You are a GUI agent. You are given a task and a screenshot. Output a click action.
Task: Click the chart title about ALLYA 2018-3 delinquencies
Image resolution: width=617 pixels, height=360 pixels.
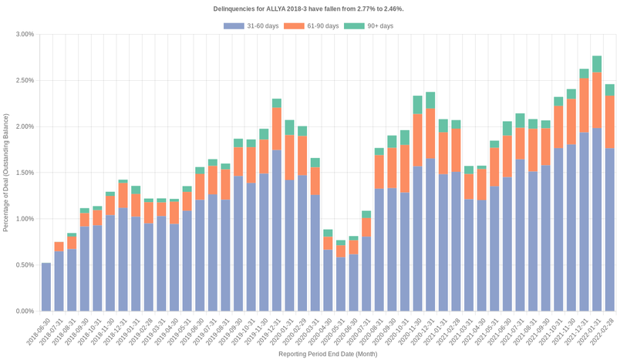308,8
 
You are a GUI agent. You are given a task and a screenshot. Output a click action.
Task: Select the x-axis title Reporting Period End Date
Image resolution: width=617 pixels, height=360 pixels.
327,354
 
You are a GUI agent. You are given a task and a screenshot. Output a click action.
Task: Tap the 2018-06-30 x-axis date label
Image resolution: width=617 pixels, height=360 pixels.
39,330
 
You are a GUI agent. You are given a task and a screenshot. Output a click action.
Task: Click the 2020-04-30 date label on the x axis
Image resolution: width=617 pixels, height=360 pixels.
320,330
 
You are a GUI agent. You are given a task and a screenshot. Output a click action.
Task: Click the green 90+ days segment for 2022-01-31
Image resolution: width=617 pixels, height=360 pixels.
597,64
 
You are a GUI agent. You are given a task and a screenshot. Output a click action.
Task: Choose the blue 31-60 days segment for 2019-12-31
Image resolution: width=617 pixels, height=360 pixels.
276,230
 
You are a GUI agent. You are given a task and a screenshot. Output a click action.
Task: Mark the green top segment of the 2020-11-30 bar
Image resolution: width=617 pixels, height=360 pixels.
417,105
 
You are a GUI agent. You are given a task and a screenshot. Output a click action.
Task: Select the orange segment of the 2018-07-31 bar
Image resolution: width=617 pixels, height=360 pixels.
59,247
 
